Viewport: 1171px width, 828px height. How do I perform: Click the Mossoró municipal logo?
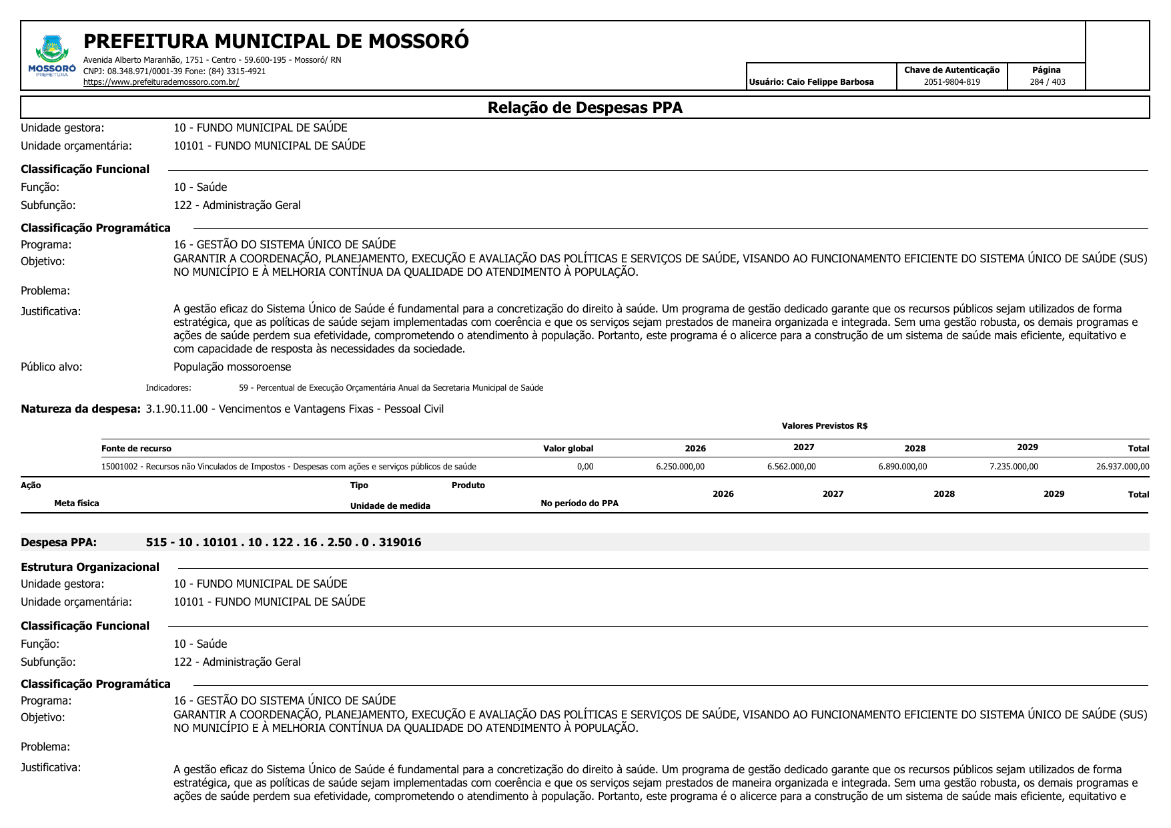(x=52, y=56)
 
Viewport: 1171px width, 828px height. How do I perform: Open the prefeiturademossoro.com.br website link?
(x=161, y=82)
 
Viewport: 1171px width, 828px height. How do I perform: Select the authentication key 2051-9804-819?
(x=951, y=82)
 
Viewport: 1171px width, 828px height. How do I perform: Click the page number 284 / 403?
(x=1047, y=82)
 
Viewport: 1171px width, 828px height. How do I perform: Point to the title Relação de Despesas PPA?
(x=584, y=108)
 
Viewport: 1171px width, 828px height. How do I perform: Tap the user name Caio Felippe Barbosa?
(x=829, y=82)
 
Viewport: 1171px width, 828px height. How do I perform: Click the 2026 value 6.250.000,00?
(x=680, y=467)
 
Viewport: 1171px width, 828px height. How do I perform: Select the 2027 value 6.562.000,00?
(x=791, y=467)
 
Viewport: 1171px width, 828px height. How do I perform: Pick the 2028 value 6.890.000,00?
(x=902, y=467)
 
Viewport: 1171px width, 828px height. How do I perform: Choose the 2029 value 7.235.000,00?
(x=1014, y=467)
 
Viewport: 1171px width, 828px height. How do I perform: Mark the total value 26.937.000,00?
(x=1122, y=467)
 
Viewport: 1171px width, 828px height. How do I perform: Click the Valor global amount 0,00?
(x=584, y=467)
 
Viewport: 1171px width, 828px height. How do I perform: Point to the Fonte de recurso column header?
(x=136, y=449)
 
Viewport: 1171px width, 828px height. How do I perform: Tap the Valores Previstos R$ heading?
(x=824, y=426)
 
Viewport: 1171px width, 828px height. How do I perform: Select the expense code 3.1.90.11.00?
(x=177, y=409)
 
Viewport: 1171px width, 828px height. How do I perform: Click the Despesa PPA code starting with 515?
(x=283, y=542)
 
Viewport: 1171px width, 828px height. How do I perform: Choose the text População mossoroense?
(x=232, y=367)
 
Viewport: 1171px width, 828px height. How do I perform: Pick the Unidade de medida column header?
(x=390, y=505)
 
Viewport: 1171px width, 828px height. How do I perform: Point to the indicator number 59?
(x=243, y=388)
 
